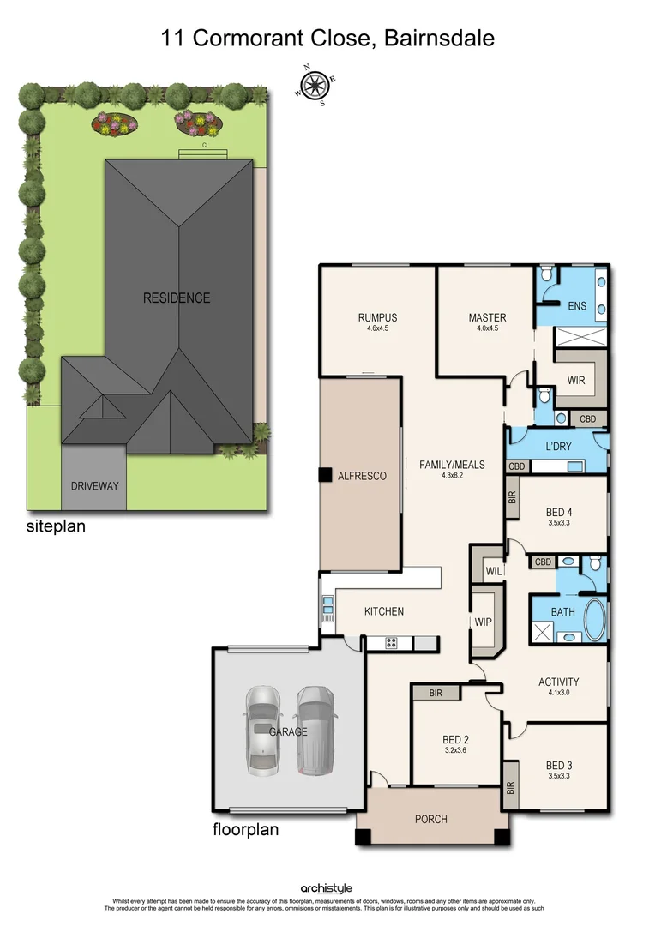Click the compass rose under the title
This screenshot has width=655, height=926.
[314, 83]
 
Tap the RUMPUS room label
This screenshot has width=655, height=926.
[377, 317]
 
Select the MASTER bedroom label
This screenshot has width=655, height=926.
[486, 317]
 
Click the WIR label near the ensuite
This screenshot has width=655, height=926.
[576, 380]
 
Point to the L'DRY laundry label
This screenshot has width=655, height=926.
[558, 447]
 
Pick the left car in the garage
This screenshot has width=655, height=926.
[262, 728]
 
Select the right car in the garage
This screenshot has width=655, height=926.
[314, 728]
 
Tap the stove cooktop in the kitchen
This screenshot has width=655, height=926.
[393, 643]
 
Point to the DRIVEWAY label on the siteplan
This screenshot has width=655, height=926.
[94, 486]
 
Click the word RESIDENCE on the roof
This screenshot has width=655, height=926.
[177, 298]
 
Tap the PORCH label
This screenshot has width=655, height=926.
[430, 819]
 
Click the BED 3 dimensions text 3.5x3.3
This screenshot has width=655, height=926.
[557, 776]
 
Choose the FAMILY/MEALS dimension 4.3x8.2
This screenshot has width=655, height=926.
[451, 475]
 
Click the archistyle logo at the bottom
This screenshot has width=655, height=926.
[327, 888]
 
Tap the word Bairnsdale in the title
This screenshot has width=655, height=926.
[440, 39]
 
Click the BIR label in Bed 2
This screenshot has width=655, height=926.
[435, 693]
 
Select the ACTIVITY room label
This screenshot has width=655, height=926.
[558, 682]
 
